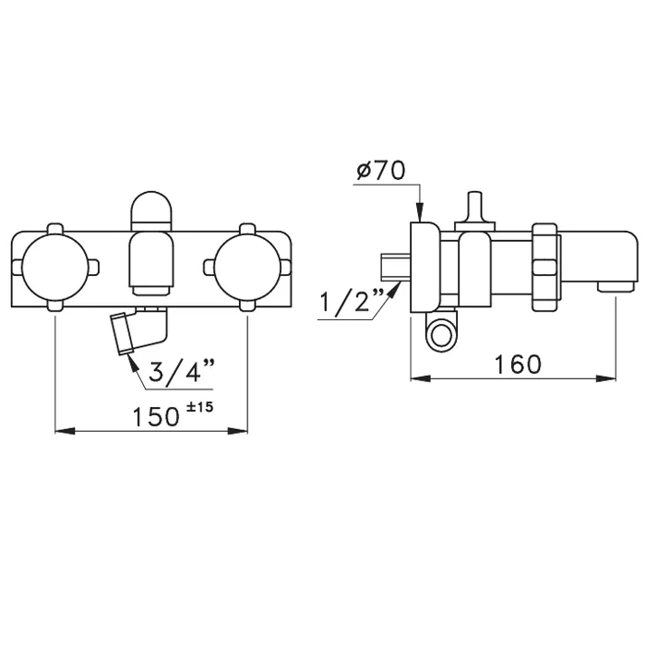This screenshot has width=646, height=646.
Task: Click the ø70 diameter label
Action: pos(380,170)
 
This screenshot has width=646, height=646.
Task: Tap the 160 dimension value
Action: pos(517,364)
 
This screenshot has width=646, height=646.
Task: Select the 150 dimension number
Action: pos(156,416)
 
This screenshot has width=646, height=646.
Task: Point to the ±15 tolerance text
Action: pos(200,407)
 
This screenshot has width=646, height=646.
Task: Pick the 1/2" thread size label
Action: pos(352,302)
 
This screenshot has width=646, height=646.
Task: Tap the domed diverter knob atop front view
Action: pos(151,210)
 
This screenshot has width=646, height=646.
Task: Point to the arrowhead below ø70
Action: pos(419,212)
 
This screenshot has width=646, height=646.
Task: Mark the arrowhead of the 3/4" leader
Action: pos(132,363)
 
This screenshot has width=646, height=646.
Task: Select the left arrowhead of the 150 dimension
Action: pos(66,431)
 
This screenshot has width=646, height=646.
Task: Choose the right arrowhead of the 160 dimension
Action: pos(605,378)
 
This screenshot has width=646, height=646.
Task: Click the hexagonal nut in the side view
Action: pos(544,268)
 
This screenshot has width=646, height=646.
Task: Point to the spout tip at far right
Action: pos(616,286)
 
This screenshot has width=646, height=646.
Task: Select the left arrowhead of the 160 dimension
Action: pos(421,378)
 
